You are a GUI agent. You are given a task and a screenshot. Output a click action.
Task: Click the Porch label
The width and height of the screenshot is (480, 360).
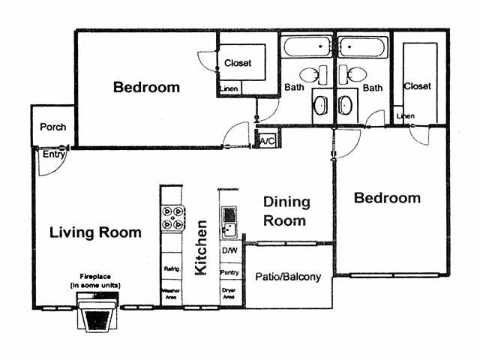tap(52, 127)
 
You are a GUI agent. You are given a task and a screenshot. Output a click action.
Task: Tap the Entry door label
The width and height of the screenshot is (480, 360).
tap(52, 154)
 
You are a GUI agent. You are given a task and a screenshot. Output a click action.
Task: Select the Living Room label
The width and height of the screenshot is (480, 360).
tap(95, 232)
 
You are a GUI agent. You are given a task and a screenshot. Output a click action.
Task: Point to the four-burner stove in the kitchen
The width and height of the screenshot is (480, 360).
tap(172, 217)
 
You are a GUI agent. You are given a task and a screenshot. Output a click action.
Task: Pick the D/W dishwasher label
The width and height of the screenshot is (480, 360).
tap(229, 250)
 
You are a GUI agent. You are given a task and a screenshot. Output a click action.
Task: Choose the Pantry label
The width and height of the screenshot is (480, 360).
tap(229, 271)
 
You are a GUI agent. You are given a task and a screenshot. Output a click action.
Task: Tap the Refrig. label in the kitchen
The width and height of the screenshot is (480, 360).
tap(171, 268)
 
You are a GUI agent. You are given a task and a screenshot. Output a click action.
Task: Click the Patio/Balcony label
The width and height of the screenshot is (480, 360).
tap(289, 277)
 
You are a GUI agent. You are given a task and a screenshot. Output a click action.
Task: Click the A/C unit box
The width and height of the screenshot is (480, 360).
tap(266, 139)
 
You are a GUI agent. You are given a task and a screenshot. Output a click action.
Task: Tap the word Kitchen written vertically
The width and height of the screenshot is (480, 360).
tap(201, 247)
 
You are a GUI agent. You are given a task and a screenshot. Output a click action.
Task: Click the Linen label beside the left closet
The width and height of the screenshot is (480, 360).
tap(229, 91)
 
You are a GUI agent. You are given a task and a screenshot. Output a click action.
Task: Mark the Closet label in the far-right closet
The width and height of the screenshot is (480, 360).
tap(417, 86)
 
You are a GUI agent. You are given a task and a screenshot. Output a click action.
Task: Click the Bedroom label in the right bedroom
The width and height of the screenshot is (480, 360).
tap(387, 198)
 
